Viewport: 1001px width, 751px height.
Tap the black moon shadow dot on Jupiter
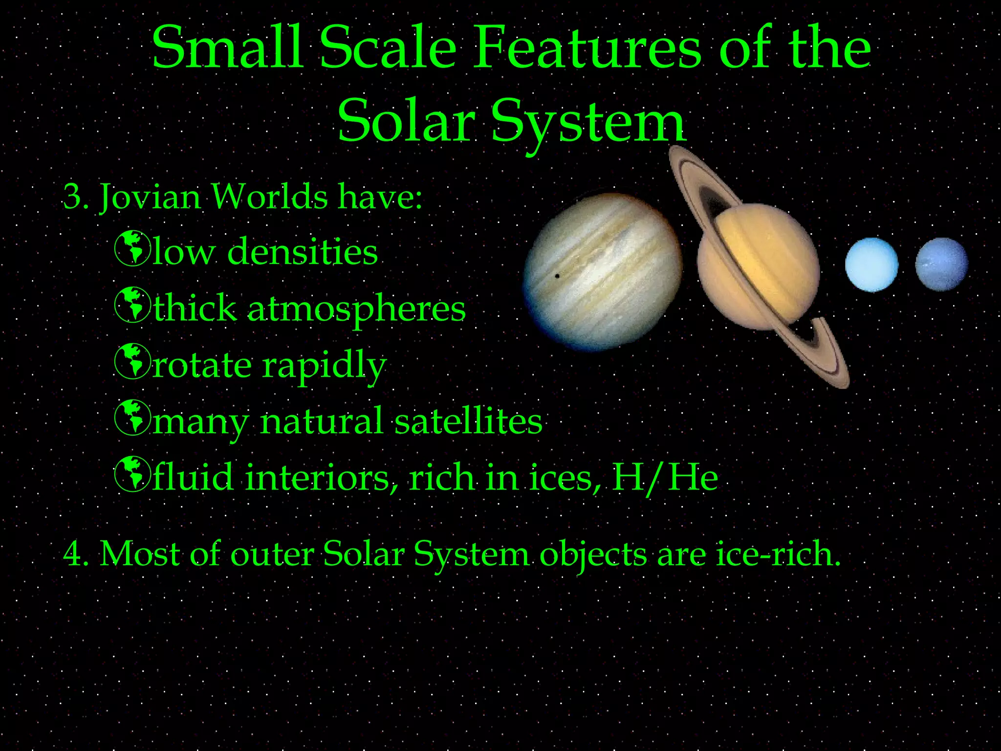[x=557, y=276]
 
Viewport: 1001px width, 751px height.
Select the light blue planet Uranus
[x=871, y=265]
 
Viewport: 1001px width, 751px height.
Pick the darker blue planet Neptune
[x=941, y=264]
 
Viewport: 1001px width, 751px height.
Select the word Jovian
[x=150, y=197]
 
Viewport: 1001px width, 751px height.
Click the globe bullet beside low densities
[x=132, y=249]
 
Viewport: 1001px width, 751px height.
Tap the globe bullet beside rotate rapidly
[x=132, y=362]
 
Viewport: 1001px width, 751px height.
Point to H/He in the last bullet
[x=665, y=478]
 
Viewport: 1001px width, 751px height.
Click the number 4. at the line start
[x=76, y=554]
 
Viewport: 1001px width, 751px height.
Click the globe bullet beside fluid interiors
[x=132, y=474]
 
